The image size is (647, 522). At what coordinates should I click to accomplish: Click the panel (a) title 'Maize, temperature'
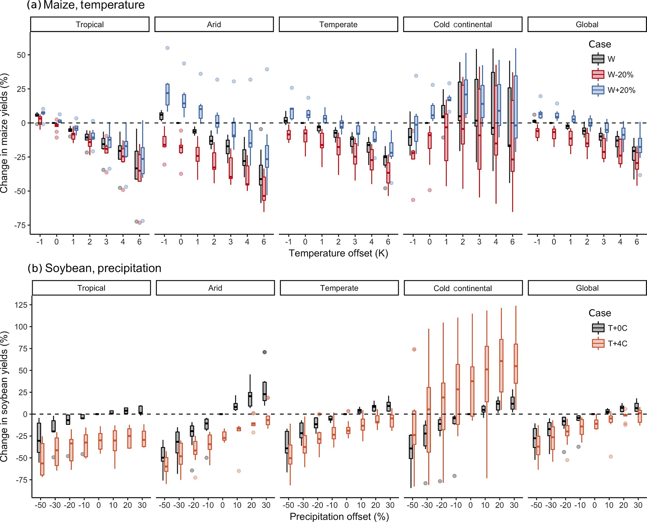[94, 5]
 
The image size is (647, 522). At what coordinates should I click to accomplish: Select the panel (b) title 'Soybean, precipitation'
[103, 268]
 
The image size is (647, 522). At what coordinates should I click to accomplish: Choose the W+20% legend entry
[613, 90]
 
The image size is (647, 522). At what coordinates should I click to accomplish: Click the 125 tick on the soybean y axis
[21, 304]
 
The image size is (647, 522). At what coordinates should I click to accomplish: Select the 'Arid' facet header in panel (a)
[214, 24]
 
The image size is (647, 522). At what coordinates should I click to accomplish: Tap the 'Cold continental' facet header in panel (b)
[463, 288]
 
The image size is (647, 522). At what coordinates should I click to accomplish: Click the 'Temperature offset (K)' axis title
[338, 253]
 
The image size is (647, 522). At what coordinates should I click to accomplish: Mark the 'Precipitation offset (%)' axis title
[339, 516]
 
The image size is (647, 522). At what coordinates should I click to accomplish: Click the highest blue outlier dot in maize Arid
[167, 48]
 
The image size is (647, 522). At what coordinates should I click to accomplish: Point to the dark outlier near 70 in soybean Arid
[264, 352]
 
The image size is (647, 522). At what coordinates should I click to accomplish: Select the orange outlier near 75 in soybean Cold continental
[414, 349]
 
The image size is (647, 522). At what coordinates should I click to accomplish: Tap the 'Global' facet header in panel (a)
[587, 24]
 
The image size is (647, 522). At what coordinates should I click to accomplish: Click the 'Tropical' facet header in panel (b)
[91, 288]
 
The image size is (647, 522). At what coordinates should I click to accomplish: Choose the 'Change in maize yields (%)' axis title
[4, 133]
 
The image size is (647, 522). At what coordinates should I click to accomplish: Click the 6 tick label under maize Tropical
[139, 242]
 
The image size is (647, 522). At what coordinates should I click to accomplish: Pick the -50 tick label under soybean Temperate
[288, 505]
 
